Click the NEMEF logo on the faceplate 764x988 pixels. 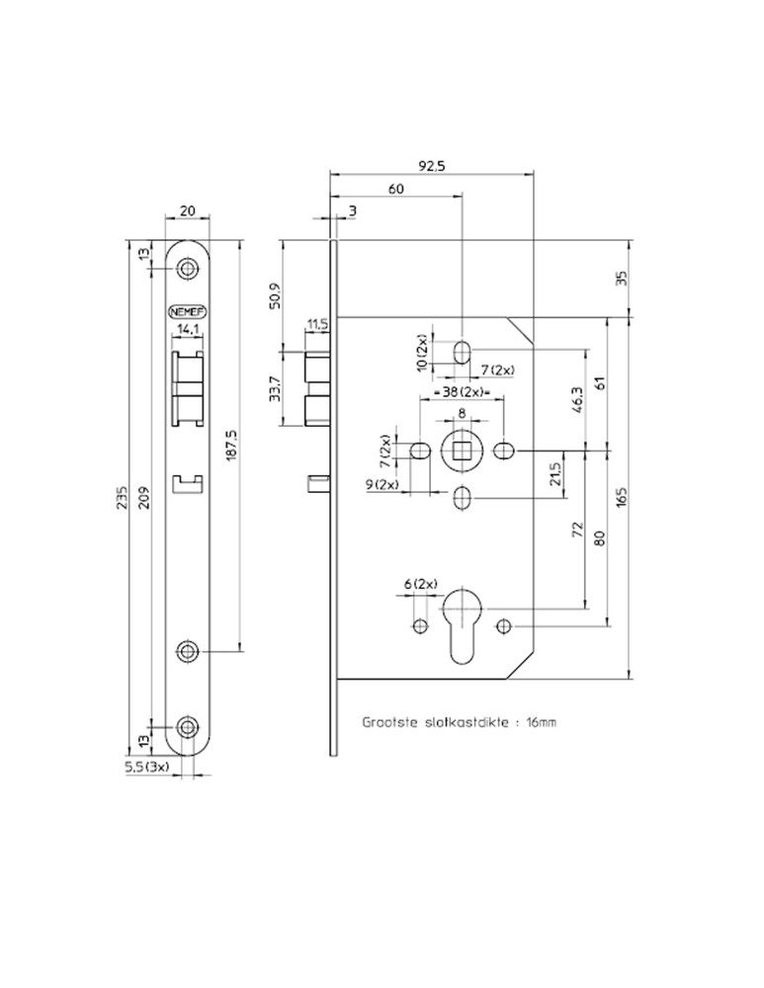click(187, 306)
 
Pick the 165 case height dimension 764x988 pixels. click(621, 496)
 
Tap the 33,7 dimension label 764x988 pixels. click(275, 389)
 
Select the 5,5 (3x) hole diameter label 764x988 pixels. click(147, 767)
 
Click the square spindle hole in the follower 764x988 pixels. click(462, 452)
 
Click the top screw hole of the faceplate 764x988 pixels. click(187, 269)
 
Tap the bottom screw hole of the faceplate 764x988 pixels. click(187, 728)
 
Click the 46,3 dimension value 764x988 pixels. click(578, 403)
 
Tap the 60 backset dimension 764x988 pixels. click(395, 189)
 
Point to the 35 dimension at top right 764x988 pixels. click(621, 278)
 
